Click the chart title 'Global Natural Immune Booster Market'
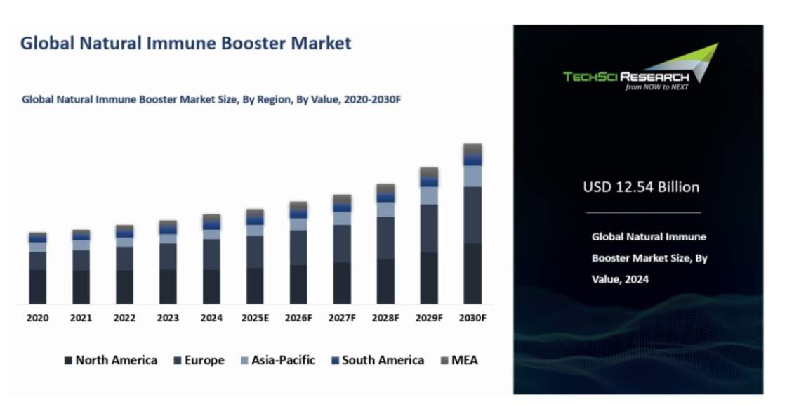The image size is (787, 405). (185, 44)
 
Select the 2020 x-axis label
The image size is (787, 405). (38, 318)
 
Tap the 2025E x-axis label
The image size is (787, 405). (255, 318)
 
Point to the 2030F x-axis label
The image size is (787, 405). (472, 318)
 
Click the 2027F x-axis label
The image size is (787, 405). (342, 318)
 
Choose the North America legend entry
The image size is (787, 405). (110, 360)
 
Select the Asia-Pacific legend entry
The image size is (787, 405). (277, 360)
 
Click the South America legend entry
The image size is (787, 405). (377, 360)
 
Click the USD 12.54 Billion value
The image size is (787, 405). (641, 187)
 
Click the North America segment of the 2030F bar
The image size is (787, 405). (472, 274)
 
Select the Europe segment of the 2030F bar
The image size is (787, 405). (472, 214)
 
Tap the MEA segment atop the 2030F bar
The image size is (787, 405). (472, 149)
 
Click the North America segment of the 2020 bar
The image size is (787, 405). (38, 286)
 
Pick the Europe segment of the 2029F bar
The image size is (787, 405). (429, 229)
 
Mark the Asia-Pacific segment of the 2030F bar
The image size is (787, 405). (472, 176)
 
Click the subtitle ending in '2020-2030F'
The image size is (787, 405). (211, 100)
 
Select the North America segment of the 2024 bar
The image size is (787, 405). (211, 286)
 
